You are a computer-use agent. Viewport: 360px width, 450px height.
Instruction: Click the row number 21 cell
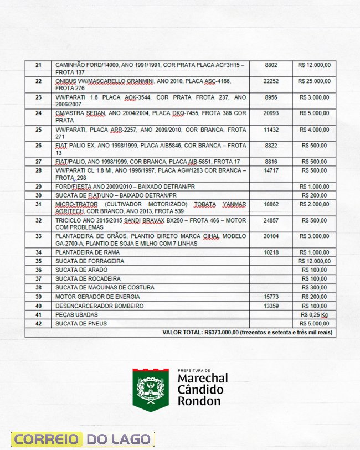coord(38,65)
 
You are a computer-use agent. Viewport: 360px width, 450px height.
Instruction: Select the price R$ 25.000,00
coord(314,81)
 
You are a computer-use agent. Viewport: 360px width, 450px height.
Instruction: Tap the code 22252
coord(271,81)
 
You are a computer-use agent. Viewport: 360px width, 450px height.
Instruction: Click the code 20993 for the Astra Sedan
coord(271,113)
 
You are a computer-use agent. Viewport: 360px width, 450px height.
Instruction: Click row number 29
coord(38,187)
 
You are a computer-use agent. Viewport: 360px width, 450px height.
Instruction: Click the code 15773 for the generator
coord(271,297)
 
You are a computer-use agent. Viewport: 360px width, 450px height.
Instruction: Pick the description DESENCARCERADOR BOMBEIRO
coord(91,306)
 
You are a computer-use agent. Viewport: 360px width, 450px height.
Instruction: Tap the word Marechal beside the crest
coord(203,379)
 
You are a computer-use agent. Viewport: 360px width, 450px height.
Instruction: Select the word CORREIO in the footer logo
coord(47,439)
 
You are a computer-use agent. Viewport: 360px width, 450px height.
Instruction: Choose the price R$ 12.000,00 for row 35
coord(314,261)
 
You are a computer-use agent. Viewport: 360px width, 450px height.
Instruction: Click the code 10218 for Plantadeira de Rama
coord(271,252)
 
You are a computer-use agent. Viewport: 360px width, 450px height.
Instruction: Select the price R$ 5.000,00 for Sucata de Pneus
coord(315,323)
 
